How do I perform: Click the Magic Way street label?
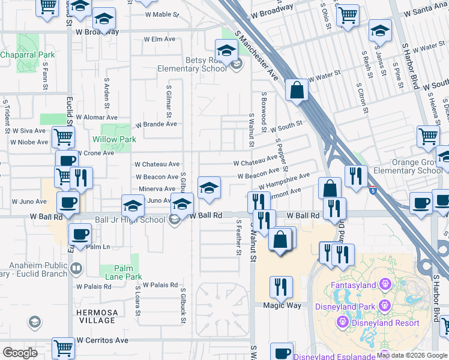[x=282, y=305]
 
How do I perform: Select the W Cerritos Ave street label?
[x=103, y=340]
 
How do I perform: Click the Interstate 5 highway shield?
[x=373, y=191]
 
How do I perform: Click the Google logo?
[x=20, y=353]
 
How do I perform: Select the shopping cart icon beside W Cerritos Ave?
[x=63, y=347]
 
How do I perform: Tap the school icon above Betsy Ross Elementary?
[x=226, y=50]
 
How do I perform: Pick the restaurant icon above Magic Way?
[x=281, y=287]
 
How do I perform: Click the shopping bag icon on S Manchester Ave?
[x=297, y=90]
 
